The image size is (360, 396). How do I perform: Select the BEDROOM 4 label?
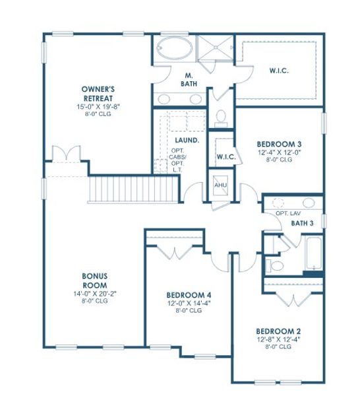[189, 294]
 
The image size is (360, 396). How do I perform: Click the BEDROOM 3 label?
[280, 144]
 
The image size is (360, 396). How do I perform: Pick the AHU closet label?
[220, 185]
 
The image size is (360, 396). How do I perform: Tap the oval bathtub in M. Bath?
[174, 49]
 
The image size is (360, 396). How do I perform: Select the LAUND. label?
[187, 141]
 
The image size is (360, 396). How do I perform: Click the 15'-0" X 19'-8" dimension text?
[99, 106]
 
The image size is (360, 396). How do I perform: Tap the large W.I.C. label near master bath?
[280, 69]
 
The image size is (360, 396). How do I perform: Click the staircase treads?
[132, 189]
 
